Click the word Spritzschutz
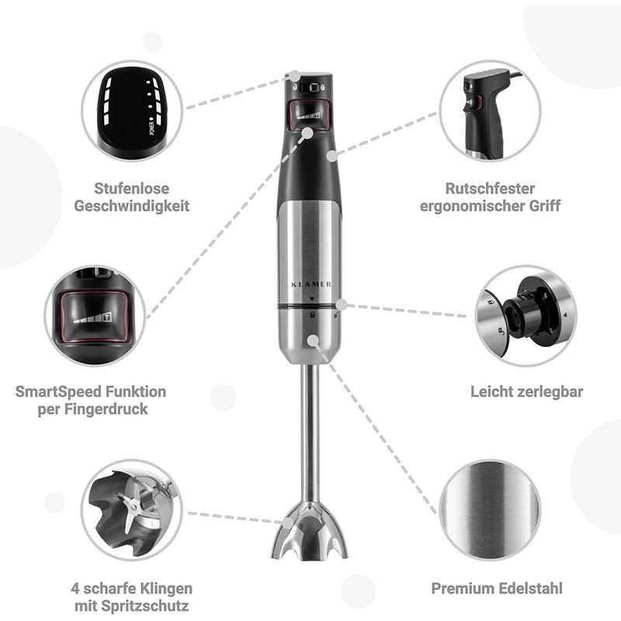(148, 606)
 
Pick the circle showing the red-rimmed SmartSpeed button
(95, 315)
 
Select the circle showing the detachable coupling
(526, 315)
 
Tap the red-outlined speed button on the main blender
(309, 116)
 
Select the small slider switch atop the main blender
(310, 88)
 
